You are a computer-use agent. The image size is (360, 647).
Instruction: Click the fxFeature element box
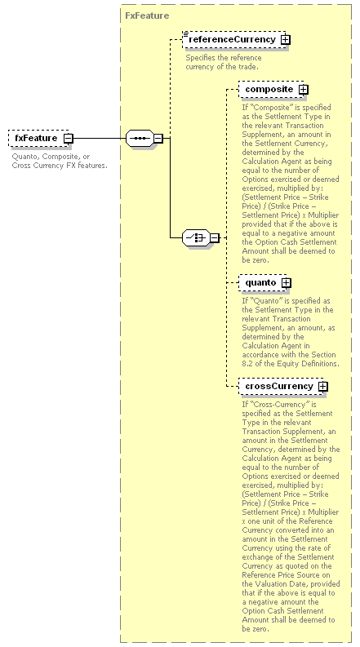coord(40,138)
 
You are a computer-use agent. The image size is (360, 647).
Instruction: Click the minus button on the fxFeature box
coord(68,139)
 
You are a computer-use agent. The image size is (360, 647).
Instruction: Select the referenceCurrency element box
coord(236,40)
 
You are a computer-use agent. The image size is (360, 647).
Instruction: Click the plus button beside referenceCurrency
coord(285,40)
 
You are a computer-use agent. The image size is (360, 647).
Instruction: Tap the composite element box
coord(273,89)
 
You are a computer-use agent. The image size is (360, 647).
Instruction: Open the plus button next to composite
coord(304,90)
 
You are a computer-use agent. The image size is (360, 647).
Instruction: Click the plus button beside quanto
coord(286,283)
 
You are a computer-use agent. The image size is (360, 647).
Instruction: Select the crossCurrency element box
coord(282,386)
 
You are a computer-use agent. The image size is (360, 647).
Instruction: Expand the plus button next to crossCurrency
coord(322,387)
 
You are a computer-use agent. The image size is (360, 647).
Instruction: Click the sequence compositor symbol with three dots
coord(140,138)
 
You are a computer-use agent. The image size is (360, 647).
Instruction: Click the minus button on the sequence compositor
coord(158,139)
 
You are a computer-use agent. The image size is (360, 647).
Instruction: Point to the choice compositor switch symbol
coord(196,237)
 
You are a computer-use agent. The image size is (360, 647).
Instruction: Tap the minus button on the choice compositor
coord(214,238)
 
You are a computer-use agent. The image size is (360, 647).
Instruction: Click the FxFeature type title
coord(147,16)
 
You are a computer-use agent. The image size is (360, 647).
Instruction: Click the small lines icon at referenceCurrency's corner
coord(186,33)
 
